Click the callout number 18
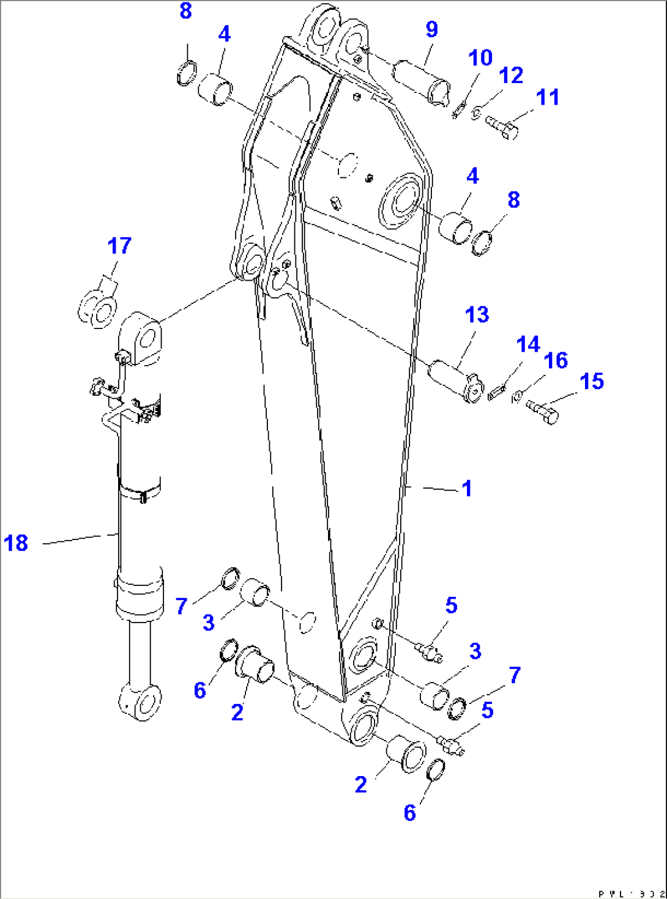pyautogui.click(x=16, y=543)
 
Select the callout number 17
pyautogui.click(x=119, y=246)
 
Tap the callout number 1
pyautogui.click(x=467, y=489)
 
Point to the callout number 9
pyautogui.click(x=431, y=29)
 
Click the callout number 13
pyautogui.click(x=477, y=315)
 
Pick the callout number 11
pyautogui.click(x=548, y=97)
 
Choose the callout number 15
pyautogui.click(x=592, y=382)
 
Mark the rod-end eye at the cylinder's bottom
pyautogui.click(x=140, y=703)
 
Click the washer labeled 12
pyautogui.click(x=476, y=112)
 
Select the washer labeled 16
pyautogui.click(x=516, y=398)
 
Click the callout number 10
pyautogui.click(x=480, y=58)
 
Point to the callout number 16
pyautogui.click(x=556, y=361)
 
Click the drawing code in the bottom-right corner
pyautogui.click(x=630, y=893)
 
